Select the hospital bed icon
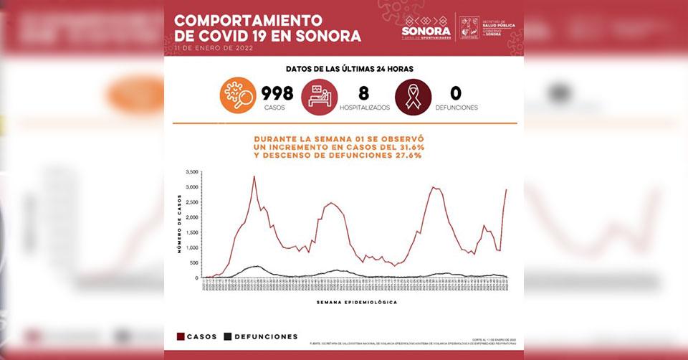(x=319, y=96)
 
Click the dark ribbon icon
(x=413, y=96)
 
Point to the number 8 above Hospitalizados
(x=364, y=93)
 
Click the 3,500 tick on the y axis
(x=191, y=172)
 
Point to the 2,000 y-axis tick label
(x=191, y=217)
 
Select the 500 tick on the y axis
(x=193, y=263)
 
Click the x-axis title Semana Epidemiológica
(x=356, y=302)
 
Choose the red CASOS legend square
(x=180, y=336)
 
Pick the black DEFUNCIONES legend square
(x=228, y=336)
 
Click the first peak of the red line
(x=254, y=176)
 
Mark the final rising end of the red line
(x=506, y=189)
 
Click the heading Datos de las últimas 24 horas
(x=349, y=69)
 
